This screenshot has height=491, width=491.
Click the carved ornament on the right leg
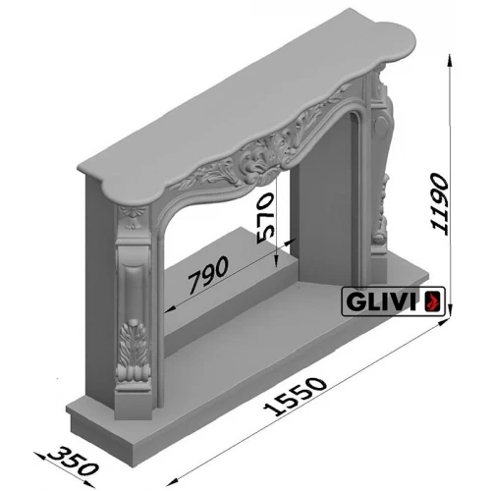click(x=380, y=221)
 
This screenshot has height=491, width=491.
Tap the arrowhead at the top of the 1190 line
click(x=451, y=57)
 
